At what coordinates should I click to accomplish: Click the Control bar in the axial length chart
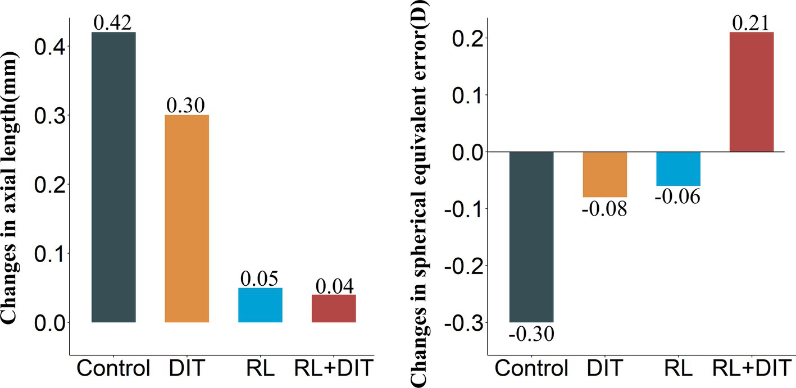113,177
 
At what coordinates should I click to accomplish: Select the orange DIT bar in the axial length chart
187,218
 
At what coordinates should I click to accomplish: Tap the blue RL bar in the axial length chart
260,305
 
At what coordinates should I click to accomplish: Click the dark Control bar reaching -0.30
531,236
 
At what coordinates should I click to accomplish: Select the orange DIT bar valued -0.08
604,175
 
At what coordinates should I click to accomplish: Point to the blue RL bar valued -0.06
678,169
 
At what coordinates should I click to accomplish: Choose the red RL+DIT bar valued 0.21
751,92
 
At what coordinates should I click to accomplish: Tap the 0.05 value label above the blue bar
260,279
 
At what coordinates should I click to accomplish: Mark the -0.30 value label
531,334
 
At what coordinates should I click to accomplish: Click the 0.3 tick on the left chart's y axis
49,116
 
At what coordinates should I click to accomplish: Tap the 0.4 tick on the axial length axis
49,47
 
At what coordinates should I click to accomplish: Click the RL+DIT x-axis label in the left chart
334,369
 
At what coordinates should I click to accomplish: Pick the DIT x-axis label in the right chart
604,369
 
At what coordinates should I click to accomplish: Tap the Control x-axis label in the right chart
531,369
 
